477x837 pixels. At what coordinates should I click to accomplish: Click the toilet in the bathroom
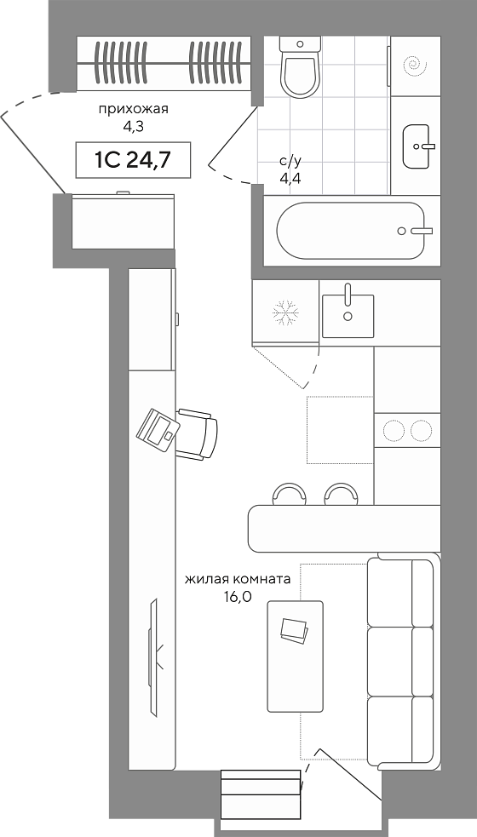click(x=300, y=66)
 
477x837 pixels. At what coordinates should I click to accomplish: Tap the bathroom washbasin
click(x=417, y=146)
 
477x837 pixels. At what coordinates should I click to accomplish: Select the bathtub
click(x=350, y=231)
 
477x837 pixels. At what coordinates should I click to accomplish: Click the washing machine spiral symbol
click(x=415, y=66)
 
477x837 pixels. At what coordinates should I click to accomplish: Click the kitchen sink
click(x=348, y=316)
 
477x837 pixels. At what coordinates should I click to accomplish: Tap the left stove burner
click(x=395, y=430)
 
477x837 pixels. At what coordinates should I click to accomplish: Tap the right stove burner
click(x=421, y=430)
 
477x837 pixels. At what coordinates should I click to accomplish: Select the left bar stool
click(x=289, y=494)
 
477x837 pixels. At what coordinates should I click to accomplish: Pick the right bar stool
click(x=341, y=494)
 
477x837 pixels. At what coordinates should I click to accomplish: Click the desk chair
click(x=197, y=434)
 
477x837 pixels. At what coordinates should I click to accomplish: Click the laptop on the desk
click(x=158, y=427)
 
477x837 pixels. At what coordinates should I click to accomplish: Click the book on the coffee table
click(x=295, y=631)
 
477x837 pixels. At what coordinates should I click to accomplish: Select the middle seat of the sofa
click(x=399, y=662)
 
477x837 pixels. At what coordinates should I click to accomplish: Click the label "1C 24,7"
click(x=133, y=159)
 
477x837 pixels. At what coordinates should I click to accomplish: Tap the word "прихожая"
click(x=133, y=110)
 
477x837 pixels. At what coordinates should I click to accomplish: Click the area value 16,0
click(x=238, y=597)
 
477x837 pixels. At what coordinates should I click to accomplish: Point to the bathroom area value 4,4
click(x=290, y=178)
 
